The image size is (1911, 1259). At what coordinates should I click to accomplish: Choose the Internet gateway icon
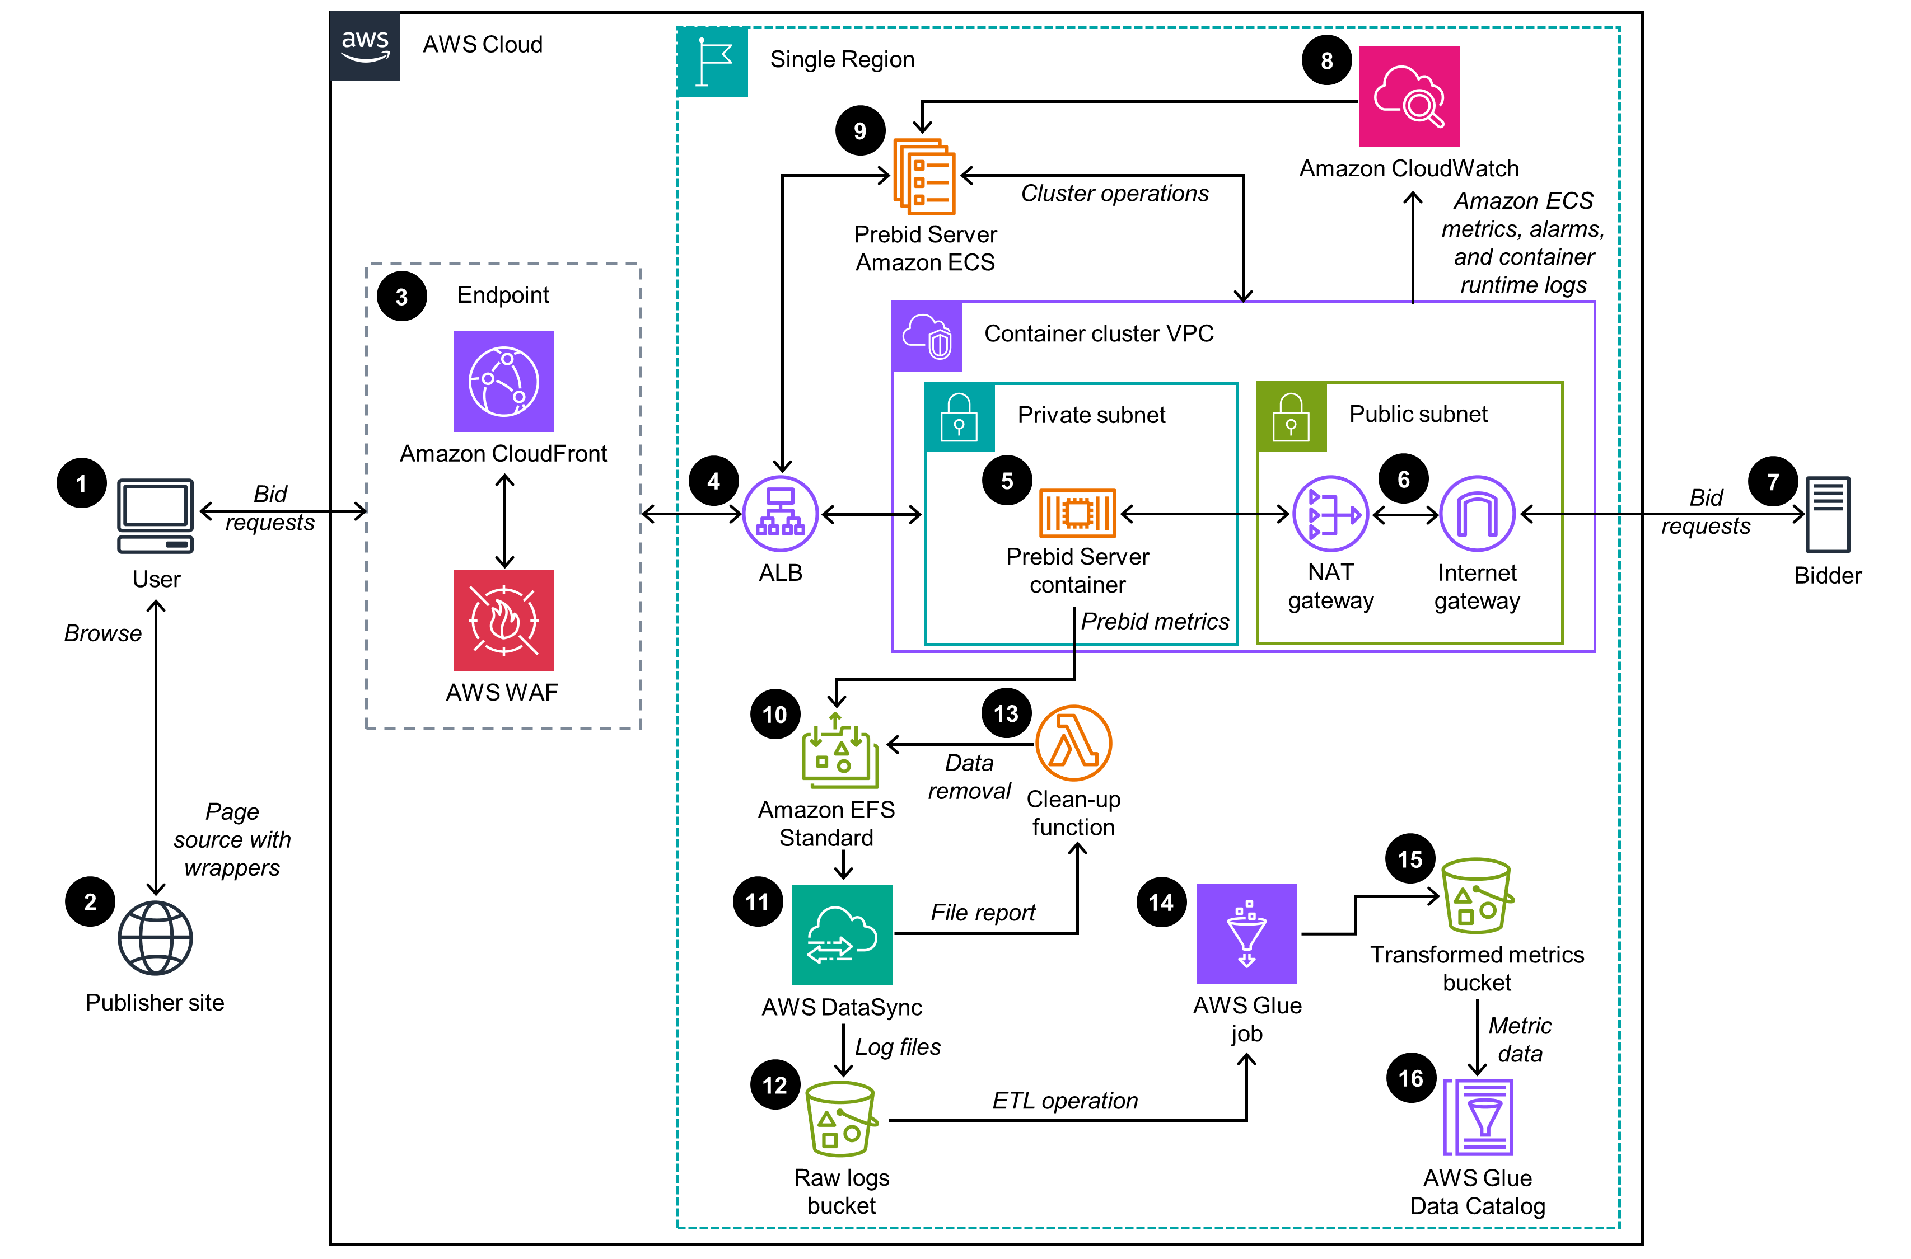pos(1477,514)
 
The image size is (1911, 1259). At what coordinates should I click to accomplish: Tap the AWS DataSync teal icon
pos(841,934)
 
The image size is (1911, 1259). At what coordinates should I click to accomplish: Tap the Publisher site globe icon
pos(155,937)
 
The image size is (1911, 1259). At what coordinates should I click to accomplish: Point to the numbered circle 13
pos(1005,713)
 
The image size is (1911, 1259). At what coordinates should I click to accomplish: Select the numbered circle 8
pos(1326,60)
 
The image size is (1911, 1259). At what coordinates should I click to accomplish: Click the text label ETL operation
pos(1064,1100)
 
